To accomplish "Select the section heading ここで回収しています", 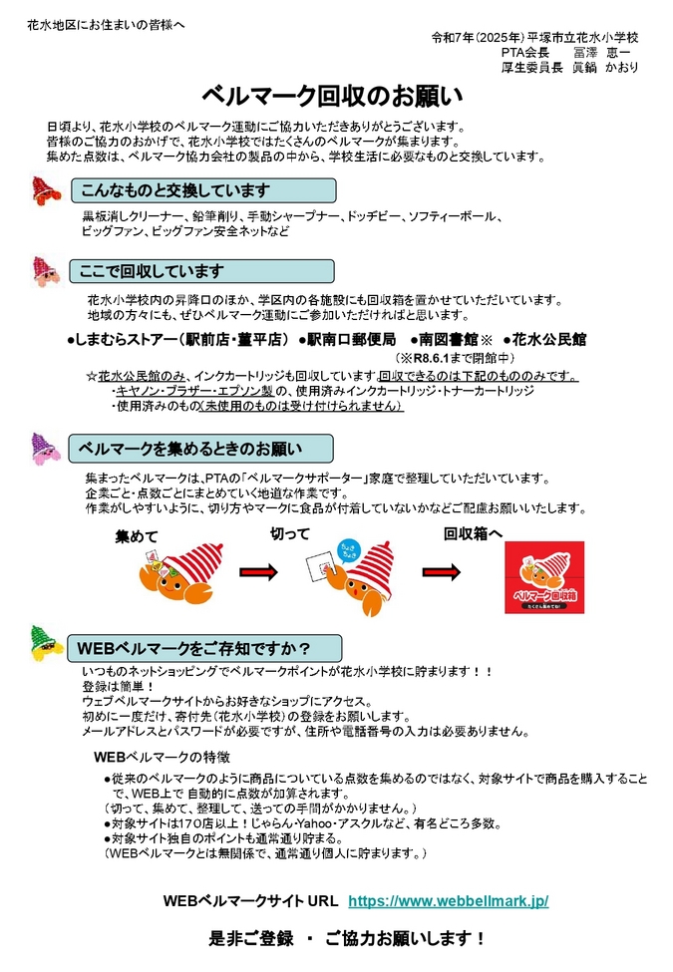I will (153, 271).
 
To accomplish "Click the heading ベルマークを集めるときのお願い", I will (189, 448).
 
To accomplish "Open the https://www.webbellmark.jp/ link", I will (448, 900).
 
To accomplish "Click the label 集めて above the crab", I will (137, 536).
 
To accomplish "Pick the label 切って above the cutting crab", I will (290, 534).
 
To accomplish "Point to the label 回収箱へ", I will (473, 534).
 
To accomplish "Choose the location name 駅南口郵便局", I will (352, 339).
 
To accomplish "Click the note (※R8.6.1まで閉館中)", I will (455, 357).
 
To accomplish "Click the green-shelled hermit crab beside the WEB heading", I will (41, 644).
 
